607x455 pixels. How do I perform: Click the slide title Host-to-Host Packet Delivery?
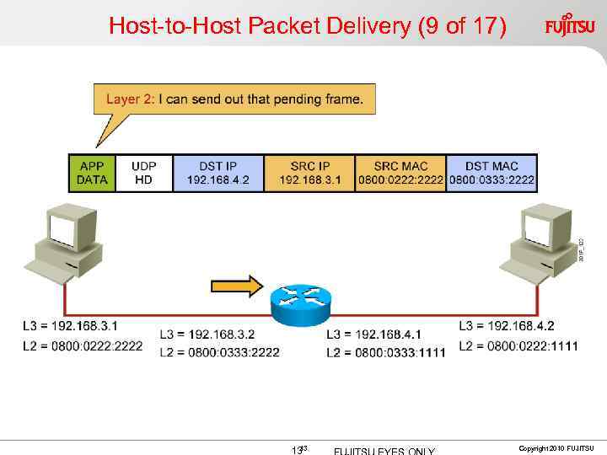308,26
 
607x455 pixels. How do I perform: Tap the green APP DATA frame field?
92,173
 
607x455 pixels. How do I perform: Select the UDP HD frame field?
143,173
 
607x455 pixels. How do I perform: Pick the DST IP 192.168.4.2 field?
218,173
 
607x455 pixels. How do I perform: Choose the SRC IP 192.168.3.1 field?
309,173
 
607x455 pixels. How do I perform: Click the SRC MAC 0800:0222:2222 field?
400,173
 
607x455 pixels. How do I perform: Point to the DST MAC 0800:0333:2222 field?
492,173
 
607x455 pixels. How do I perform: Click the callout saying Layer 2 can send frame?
234,99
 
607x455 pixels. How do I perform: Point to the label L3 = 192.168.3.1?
70,325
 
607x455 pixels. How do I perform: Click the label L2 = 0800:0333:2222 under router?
218,352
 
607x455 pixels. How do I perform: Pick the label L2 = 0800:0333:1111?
385,352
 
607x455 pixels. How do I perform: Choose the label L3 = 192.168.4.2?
506,325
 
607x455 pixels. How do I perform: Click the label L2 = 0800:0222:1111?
518,345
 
